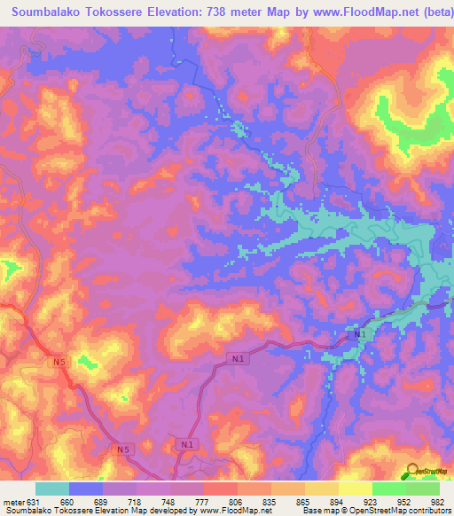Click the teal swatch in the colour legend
point(52,489)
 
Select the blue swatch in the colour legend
point(86,489)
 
